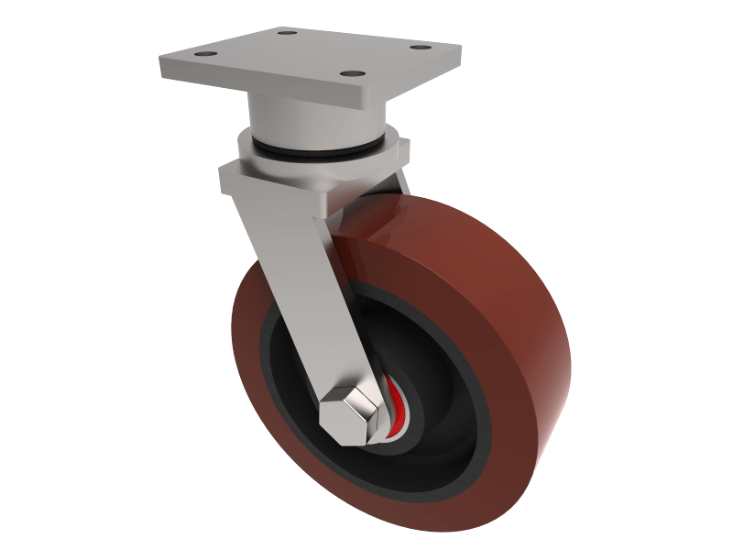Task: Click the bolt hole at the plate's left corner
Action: tap(200, 56)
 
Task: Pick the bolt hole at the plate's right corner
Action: tap(420, 48)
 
